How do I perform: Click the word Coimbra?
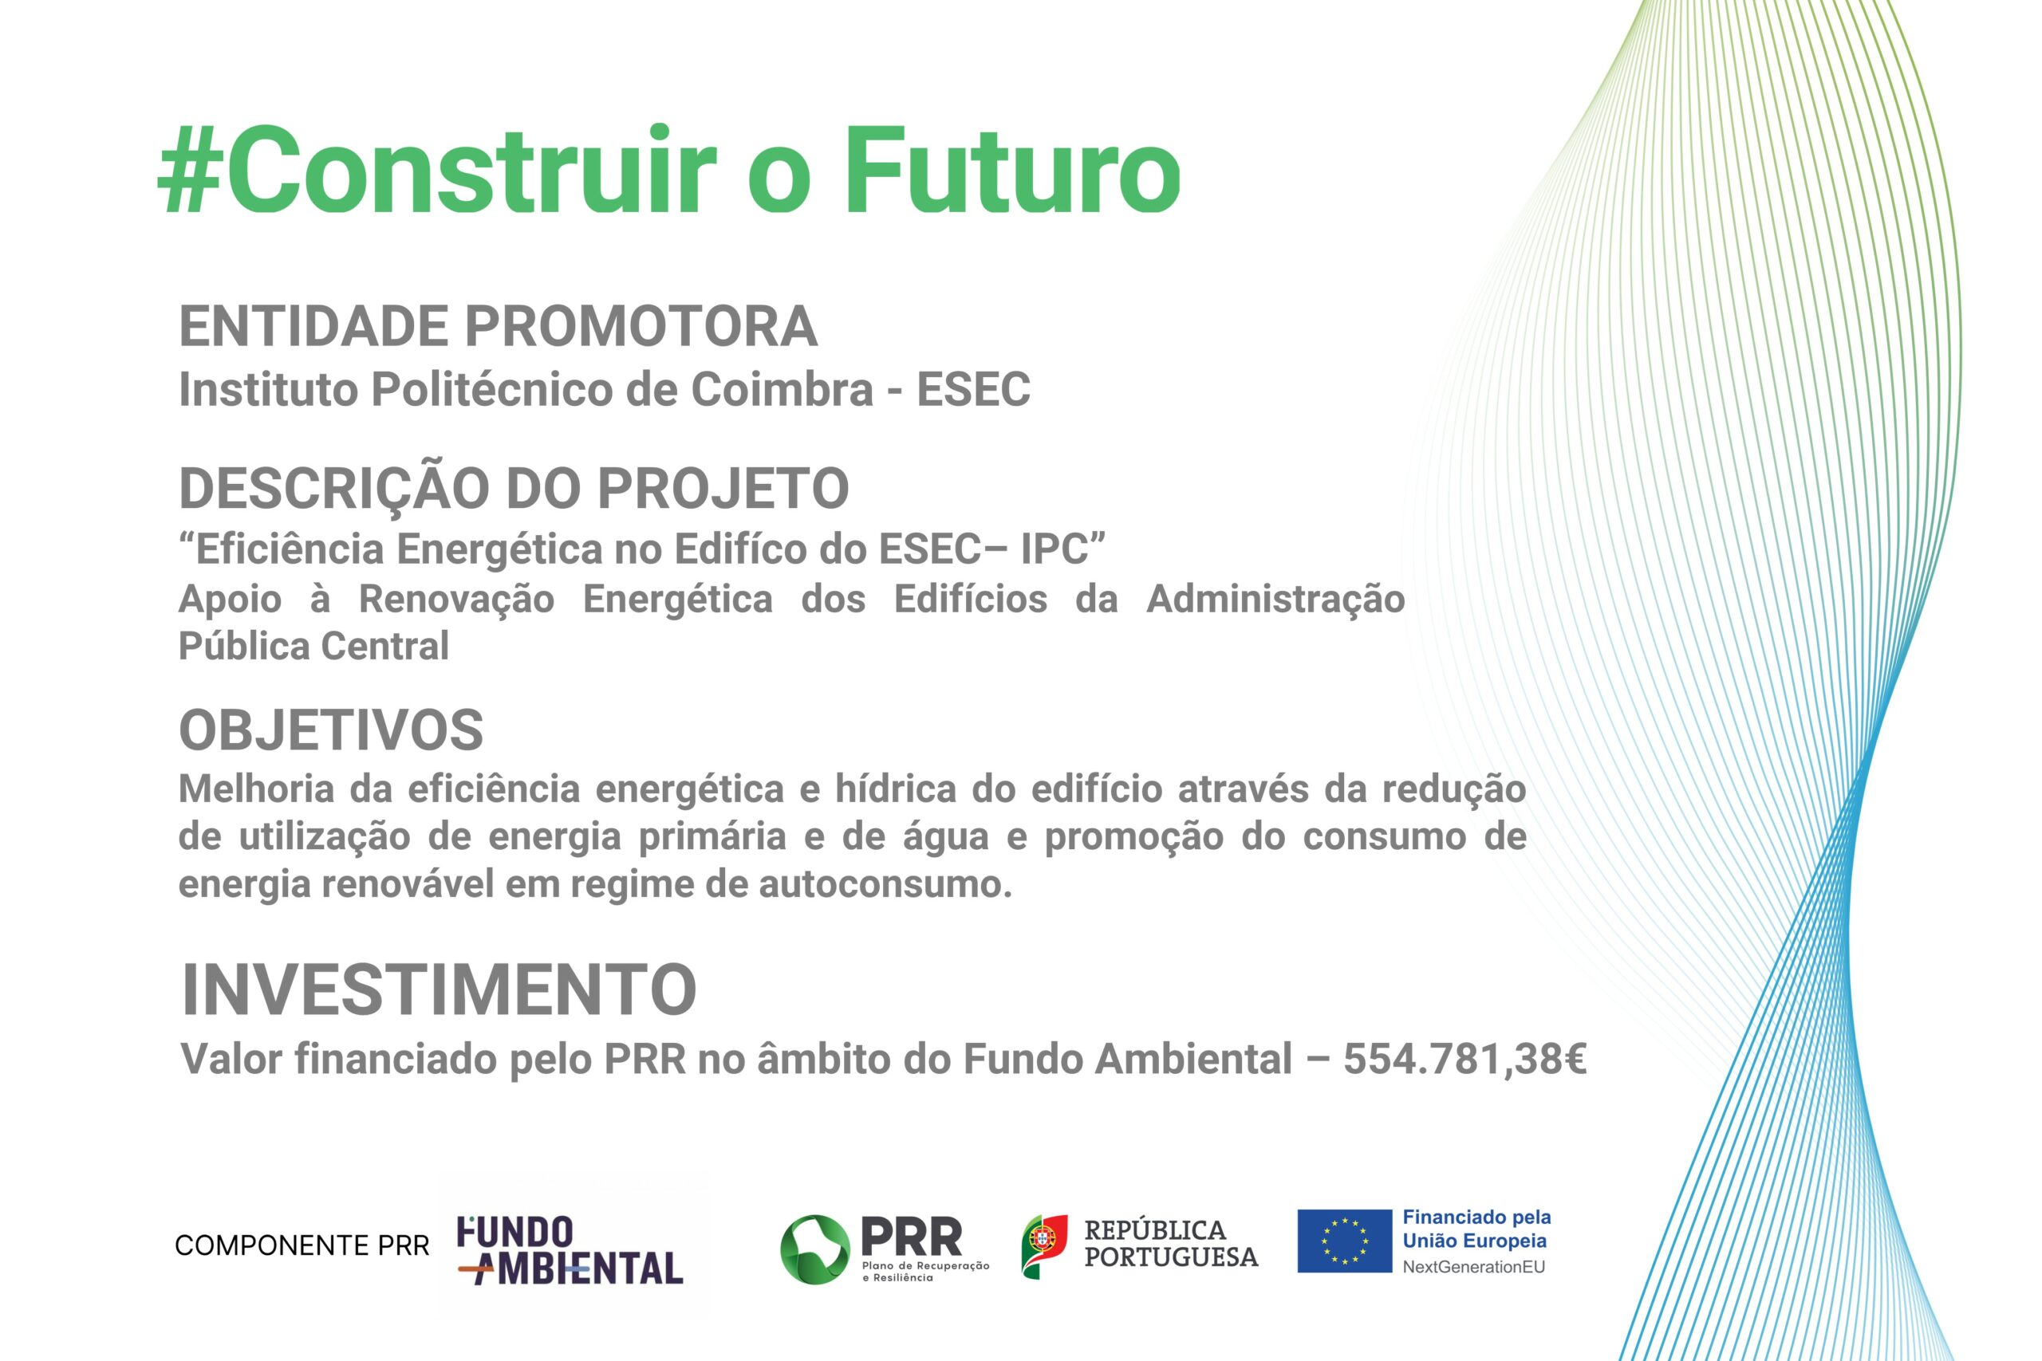(x=782, y=389)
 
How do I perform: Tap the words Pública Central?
(x=313, y=646)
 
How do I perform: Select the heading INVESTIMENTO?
(x=439, y=989)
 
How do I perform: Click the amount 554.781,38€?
(x=1464, y=1059)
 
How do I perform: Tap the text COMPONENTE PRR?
(x=302, y=1245)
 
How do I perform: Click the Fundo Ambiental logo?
(x=570, y=1250)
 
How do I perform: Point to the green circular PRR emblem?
(x=815, y=1249)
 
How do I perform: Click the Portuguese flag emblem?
(x=1044, y=1246)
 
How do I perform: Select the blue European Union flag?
(x=1345, y=1241)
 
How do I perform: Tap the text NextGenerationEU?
(x=1474, y=1266)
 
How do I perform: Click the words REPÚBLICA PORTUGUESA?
(x=1171, y=1243)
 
